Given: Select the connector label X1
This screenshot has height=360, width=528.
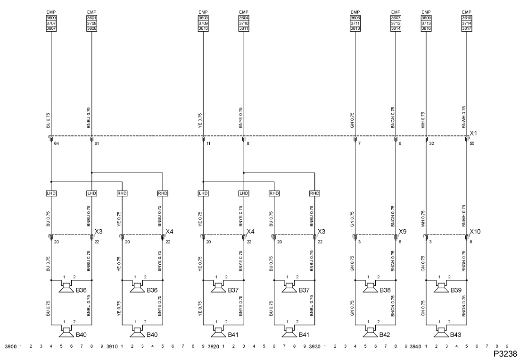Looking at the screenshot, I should point(473,134).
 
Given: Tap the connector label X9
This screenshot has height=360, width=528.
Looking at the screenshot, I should point(403,231).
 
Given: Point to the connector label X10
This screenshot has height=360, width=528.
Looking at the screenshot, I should point(475,231).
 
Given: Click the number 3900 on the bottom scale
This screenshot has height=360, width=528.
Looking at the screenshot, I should point(11,347).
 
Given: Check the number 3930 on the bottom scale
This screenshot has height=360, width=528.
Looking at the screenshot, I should point(315,347).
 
